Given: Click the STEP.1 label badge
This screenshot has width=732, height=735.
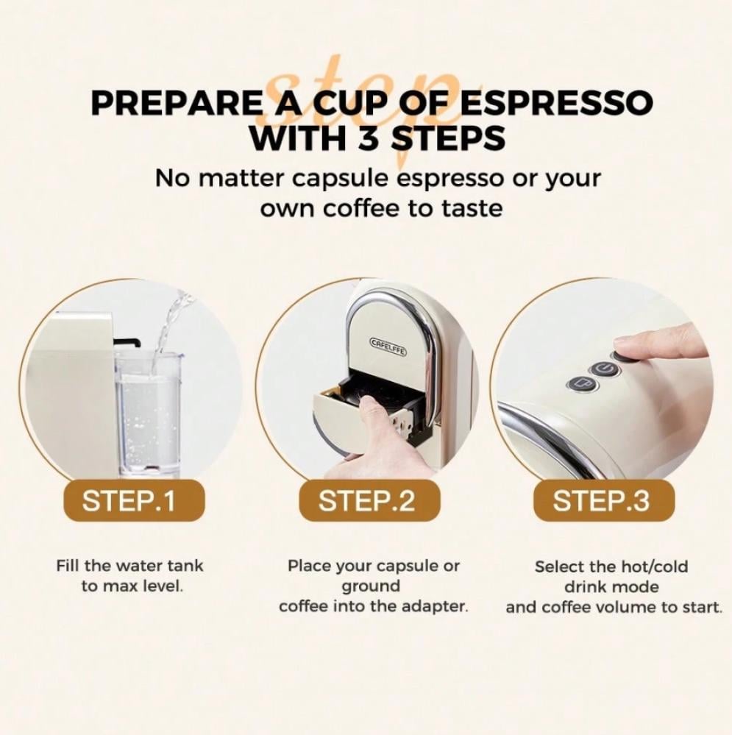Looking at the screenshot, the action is click(x=134, y=500).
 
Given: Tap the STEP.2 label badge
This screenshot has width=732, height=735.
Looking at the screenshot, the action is click(x=369, y=500).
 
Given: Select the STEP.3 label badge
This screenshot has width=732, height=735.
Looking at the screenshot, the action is click(x=604, y=500).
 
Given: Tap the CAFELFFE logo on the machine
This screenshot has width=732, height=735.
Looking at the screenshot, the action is click(x=388, y=343).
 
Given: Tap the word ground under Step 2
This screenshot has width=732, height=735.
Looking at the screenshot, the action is click(x=371, y=587).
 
